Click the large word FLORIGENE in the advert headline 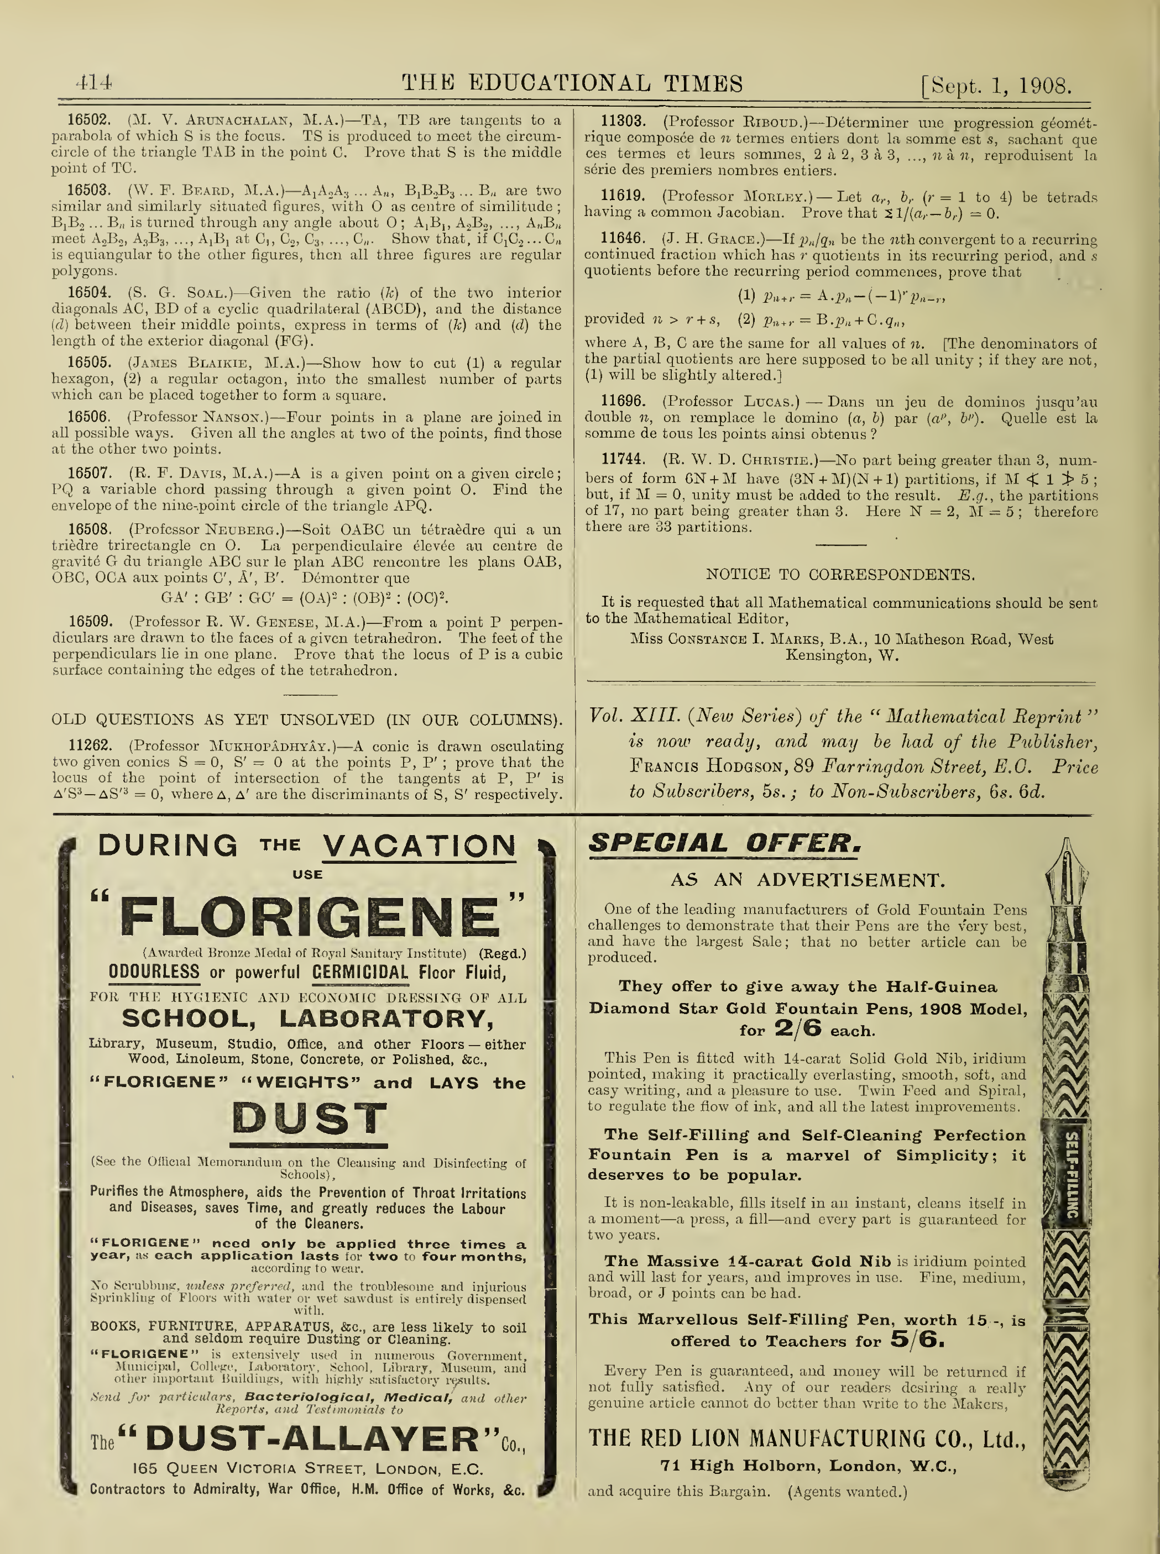click(309, 917)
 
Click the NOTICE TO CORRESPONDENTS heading click(840, 575)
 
